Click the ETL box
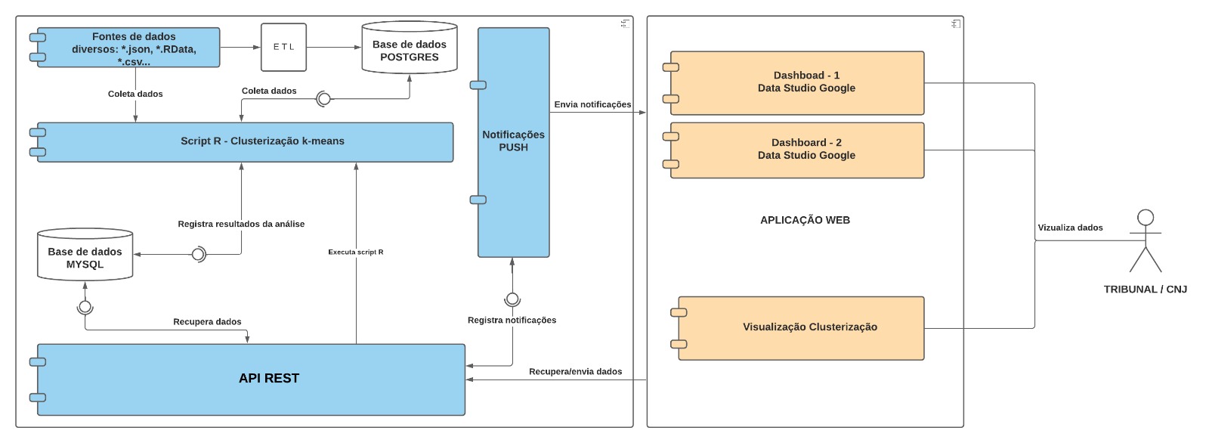click(283, 47)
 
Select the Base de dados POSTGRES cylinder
click(410, 51)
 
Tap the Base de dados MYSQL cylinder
click(85, 258)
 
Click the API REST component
click(269, 379)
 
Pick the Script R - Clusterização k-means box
click(262, 141)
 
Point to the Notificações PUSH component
click(513, 141)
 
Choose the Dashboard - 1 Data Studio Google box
click(806, 82)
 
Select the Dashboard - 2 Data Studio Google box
click(806, 150)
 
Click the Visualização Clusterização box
click(809, 327)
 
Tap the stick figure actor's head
click(1146, 218)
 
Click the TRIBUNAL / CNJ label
click(1145, 290)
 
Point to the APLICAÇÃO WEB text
click(805, 220)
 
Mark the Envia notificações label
click(592, 105)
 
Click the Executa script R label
click(355, 252)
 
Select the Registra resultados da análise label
click(241, 225)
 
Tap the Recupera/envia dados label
click(575, 372)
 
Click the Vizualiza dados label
click(1070, 228)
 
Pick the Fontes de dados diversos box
click(134, 48)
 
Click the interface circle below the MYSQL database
click(85, 307)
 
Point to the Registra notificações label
click(512, 321)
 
